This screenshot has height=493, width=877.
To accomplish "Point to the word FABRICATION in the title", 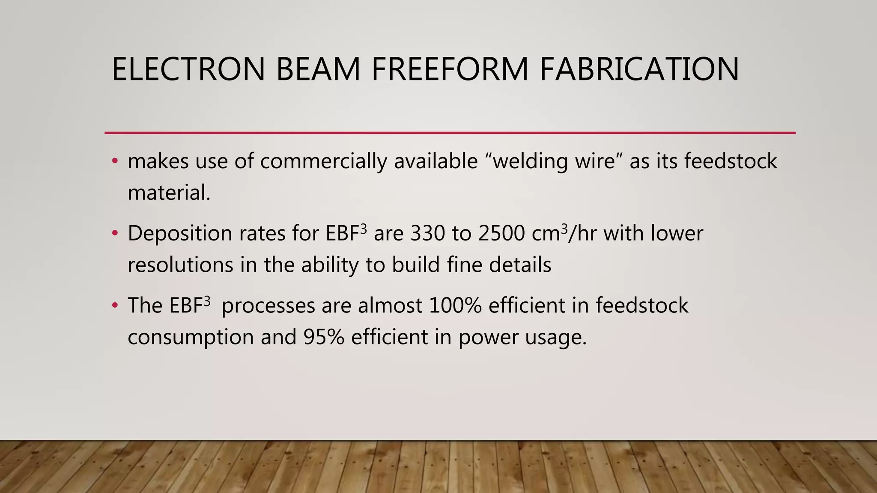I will click(x=639, y=69).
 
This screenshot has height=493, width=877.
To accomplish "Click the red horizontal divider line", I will click(x=450, y=133).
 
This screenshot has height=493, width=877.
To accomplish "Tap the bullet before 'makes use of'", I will click(x=114, y=162).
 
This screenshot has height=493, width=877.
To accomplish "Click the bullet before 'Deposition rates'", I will click(x=114, y=234).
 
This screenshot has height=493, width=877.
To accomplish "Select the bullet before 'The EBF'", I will click(x=114, y=306).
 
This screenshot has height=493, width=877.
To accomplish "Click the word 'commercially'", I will click(x=323, y=162).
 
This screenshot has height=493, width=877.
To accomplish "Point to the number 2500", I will click(x=501, y=234).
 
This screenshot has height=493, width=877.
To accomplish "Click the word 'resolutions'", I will click(x=180, y=265).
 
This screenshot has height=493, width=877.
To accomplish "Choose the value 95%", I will click(x=324, y=337).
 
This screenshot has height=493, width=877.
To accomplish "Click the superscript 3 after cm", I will click(x=564, y=228).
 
